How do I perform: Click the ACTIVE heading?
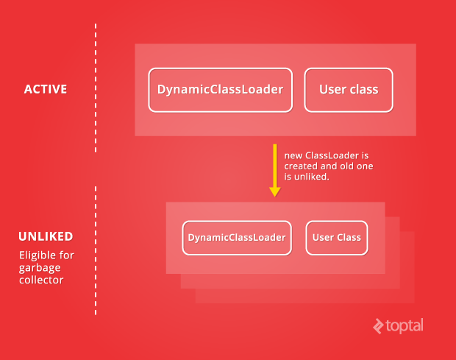click(46, 89)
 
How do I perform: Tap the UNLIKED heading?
click(46, 236)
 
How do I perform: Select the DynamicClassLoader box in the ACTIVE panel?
click(220, 90)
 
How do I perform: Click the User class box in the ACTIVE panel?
click(349, 90)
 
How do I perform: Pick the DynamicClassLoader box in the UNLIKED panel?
click(237, 238)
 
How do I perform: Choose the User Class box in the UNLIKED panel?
click(337, 238)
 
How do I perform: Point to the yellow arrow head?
click(275, 192)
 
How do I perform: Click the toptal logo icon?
click(378, 326)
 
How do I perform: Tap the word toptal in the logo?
click(405, 326)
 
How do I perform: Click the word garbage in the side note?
click(40, 268)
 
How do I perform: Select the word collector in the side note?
click(41, 280)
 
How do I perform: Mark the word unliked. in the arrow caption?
click(312, 177)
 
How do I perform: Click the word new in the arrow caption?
click(293, 156)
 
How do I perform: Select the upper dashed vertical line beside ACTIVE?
click(96, 88)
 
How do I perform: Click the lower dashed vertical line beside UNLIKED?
click(96, 250)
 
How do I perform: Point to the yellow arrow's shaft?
click(275, 166)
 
